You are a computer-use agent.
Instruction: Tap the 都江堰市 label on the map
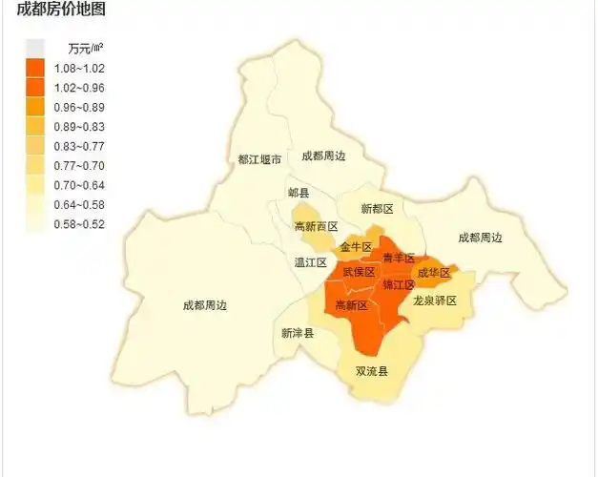259,159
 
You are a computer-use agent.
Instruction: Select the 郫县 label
299,193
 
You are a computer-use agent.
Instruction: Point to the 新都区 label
377,209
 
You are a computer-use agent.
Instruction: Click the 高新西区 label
316,226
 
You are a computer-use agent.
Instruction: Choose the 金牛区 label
356,247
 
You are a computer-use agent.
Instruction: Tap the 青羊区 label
399,259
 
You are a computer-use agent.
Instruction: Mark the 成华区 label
434,273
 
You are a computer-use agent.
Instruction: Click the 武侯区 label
359,273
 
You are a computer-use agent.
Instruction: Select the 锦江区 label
399,284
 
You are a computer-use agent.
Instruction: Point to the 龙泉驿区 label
435,301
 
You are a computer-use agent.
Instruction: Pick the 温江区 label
311,262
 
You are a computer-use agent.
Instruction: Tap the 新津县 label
298,333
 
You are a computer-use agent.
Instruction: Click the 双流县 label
372,371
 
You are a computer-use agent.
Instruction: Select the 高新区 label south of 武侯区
352,306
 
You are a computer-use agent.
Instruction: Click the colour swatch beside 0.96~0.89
35,107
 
